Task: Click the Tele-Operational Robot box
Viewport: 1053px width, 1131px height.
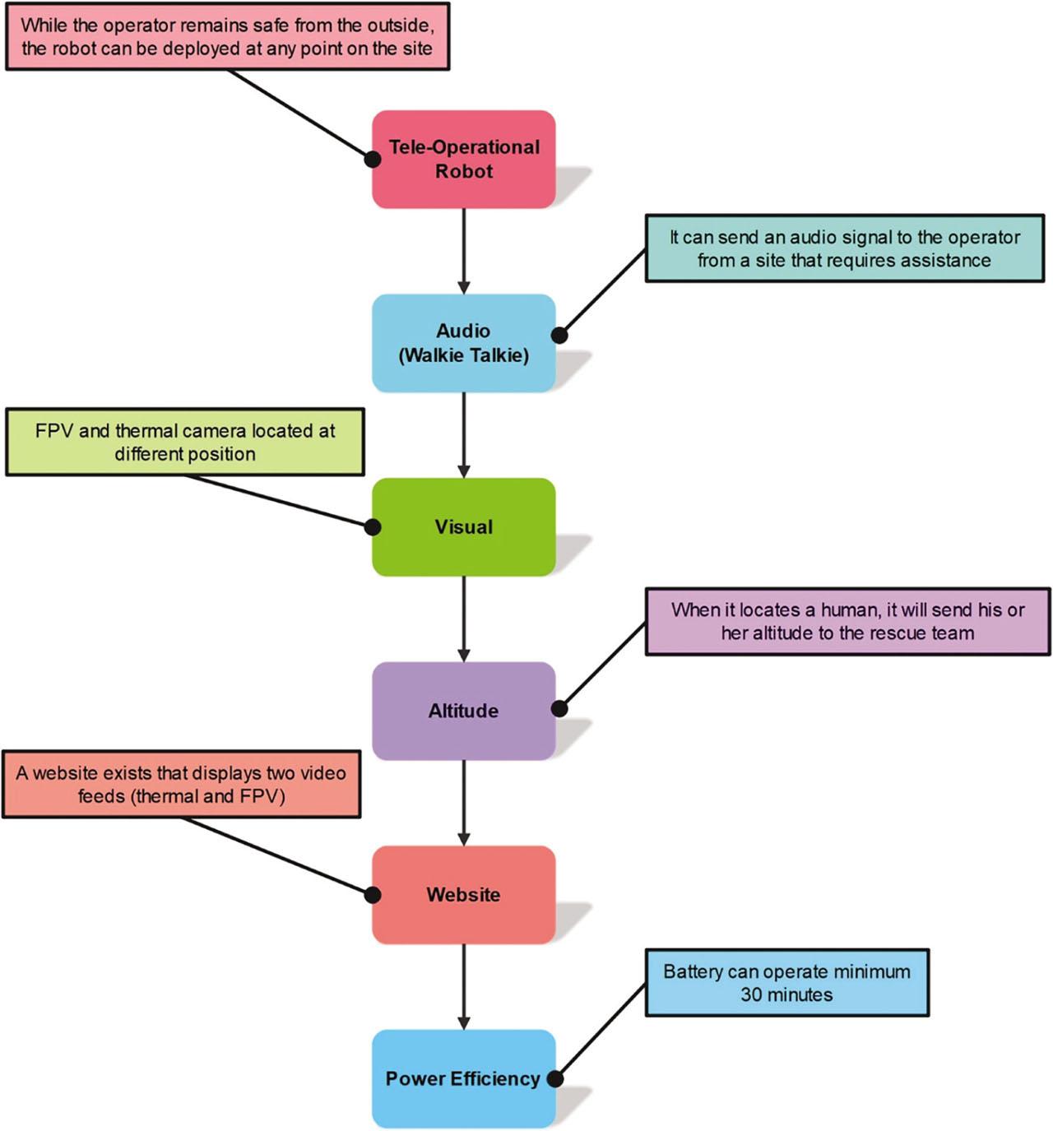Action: coord(463,159)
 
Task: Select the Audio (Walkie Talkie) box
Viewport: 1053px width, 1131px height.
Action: coord(463,343)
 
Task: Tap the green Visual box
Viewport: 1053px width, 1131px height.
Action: coord(463,526)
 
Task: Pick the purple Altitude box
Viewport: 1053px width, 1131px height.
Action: coord(463,711)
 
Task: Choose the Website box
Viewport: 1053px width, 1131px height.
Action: coord(463,894)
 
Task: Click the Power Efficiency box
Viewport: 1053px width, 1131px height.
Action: coord(463,1078)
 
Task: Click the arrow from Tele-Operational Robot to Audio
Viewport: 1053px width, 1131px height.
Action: coord(464,251)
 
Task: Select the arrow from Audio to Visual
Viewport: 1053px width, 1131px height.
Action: coord(464,434)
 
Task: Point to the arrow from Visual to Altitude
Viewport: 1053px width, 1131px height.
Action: coord(464,619)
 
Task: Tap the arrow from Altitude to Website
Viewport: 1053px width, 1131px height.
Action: coord(464,802)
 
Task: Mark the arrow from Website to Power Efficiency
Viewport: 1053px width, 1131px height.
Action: coord(464,986)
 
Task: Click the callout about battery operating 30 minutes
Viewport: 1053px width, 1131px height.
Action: coord(786,983)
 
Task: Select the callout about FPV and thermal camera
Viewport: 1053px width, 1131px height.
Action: coord(185,443)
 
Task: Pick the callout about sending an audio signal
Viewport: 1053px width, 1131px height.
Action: coord(844,248)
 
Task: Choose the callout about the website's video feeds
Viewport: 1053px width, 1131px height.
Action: coord(181,784)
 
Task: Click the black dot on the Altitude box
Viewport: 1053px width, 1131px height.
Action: coord(559,708)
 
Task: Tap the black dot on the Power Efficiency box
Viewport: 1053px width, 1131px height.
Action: coord(555,1079)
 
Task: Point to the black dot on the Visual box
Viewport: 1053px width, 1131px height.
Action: coord(373,526)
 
